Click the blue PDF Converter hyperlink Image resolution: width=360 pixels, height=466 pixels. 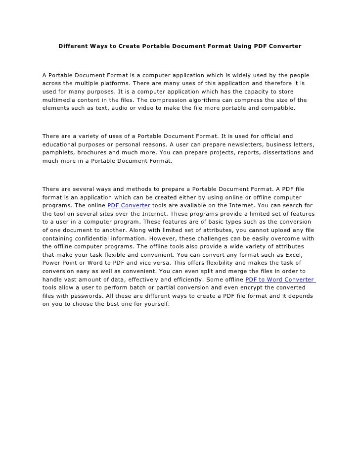(x=129, y=205)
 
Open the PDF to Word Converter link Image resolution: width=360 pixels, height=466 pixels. (x=280, y=280)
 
